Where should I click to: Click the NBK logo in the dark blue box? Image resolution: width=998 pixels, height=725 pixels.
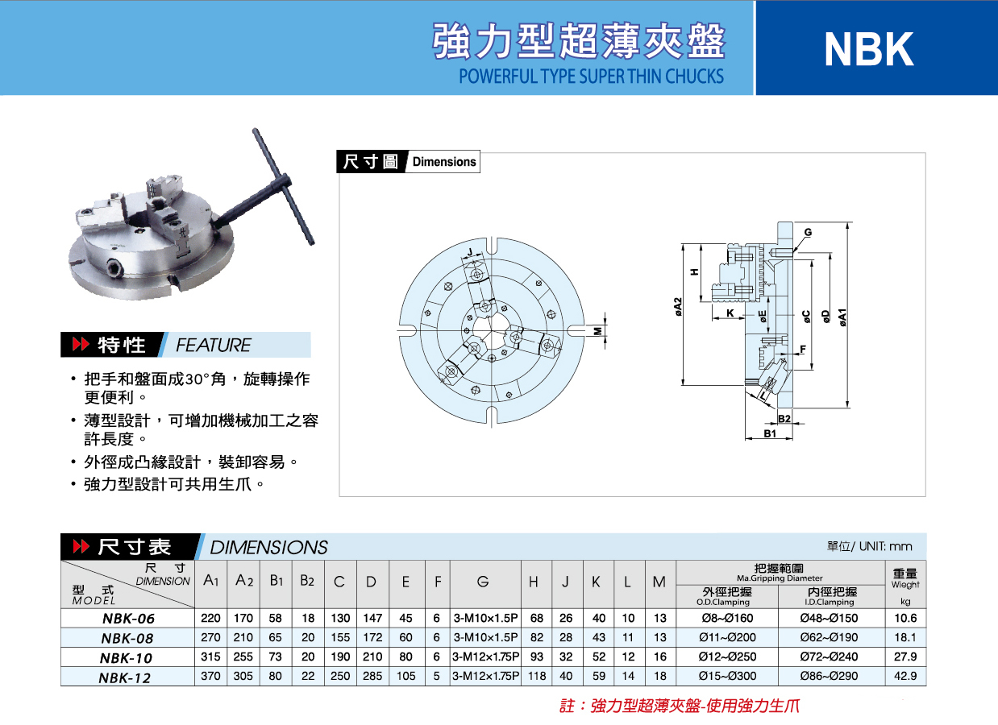(x=869, y=49)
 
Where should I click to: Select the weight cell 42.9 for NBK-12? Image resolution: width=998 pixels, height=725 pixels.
(x=905, y=676)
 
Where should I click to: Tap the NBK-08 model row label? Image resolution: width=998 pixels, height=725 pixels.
(x=127, y=638)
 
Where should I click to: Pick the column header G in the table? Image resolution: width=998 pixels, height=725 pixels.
(x=483, y=582)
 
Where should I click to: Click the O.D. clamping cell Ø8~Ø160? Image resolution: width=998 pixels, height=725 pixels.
(x=727, y=618)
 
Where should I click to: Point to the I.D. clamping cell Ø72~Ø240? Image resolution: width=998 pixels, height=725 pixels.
(x=829, y=657)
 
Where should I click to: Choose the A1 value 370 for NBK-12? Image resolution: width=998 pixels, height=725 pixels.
(x=210, y=676)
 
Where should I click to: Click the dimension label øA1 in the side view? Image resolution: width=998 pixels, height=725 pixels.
(x=842, y=317)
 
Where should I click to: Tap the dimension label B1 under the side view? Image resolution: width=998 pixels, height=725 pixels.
(x=770, y=433)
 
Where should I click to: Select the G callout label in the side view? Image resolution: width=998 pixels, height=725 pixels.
(x=808, y=232)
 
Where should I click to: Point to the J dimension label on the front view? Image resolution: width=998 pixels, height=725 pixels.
(x=470, y=253)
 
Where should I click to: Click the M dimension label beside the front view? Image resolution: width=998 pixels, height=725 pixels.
(x=598, y=331)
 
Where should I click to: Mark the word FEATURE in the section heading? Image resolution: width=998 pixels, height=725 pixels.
(x=214, y=345)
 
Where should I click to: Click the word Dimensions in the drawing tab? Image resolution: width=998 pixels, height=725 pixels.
(x=444, y=162)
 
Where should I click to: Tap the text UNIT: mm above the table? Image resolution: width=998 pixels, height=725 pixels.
(x=886, y=546)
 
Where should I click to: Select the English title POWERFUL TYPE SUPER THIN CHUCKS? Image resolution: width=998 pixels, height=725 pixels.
(x=591, y=77)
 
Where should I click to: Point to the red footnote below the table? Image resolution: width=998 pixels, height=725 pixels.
(x=680, y=706)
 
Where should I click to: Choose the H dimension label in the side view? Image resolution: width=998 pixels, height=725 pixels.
(x=694, y=271)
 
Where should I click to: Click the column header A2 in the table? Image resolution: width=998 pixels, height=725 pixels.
(x=244, y=581)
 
